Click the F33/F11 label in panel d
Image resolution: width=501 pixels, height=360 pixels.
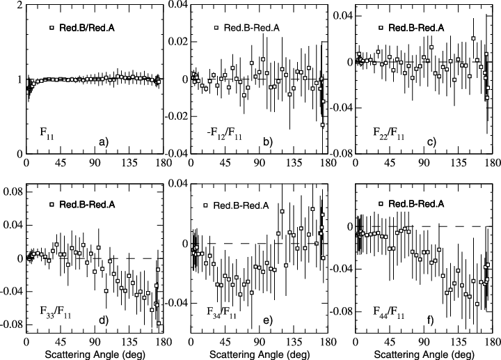48,306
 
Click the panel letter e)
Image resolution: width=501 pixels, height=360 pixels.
267,321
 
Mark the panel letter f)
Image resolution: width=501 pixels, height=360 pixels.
431,321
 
